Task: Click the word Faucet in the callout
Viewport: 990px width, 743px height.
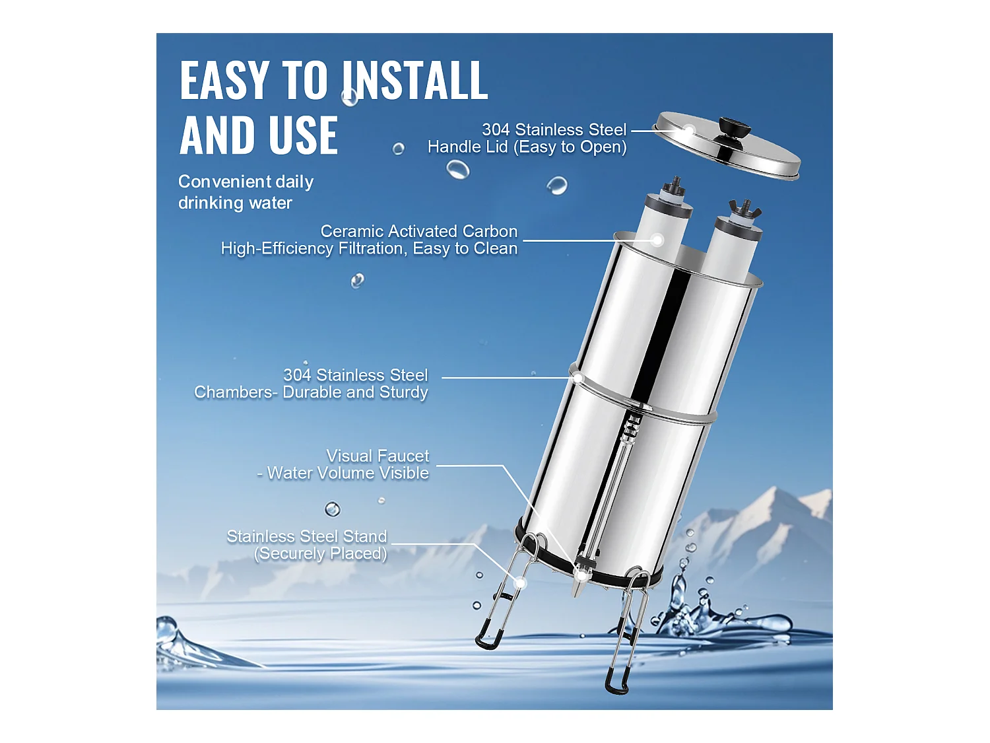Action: point(403,456)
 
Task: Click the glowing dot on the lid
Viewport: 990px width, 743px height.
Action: point(688,130)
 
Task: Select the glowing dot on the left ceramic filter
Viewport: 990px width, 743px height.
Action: point(657,240)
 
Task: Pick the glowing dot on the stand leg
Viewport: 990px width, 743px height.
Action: point(520,583)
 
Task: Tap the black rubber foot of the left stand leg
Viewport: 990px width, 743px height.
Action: point(488,639)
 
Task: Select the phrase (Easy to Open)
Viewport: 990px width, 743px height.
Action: point(570,147)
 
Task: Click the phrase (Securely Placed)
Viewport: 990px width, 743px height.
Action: point(321,553)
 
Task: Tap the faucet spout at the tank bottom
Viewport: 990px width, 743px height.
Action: point(581,581)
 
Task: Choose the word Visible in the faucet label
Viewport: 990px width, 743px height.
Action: point(403,474)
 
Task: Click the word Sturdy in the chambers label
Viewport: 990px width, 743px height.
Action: point(403,392)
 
